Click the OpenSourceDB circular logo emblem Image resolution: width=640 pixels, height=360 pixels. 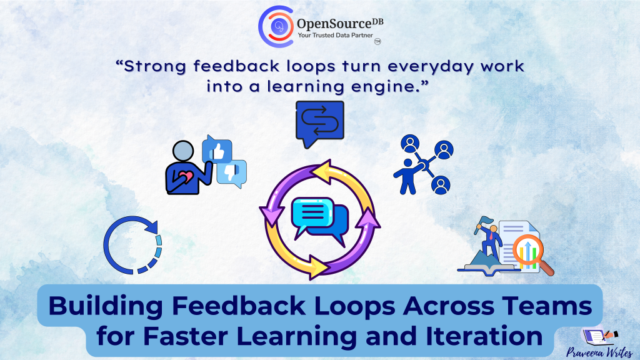(x=276, y=26)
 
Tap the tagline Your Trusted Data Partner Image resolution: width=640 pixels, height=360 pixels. (x=335, y=35)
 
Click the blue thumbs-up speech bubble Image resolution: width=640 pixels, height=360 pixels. (x=217, y=149)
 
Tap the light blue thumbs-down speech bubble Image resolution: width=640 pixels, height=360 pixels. (x=232, y=174)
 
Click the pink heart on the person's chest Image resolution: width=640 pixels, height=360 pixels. (x=186, y=177)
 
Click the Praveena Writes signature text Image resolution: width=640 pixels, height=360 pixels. (x=599, y=352)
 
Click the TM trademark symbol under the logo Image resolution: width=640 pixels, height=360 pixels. (x=377, y=42)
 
